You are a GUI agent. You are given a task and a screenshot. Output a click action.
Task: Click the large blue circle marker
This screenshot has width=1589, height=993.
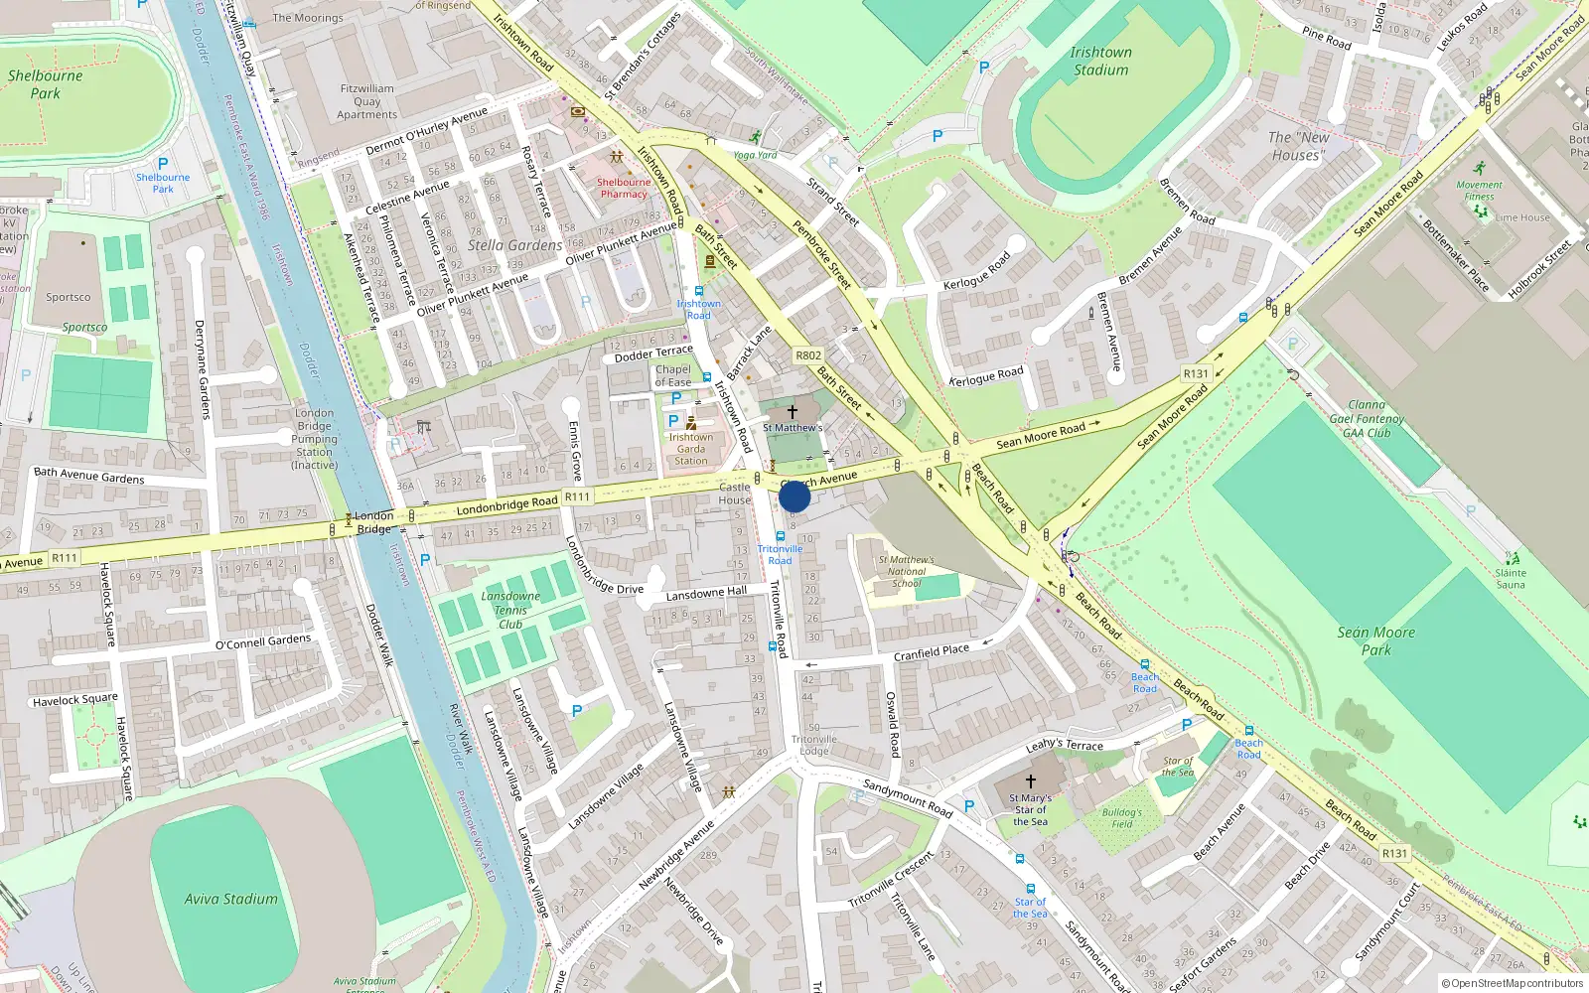pos(794,496)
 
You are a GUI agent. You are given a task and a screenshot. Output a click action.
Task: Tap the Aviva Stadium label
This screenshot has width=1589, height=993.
pos(230,899)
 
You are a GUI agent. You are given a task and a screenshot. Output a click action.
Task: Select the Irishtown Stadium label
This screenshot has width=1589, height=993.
pos(1100,61)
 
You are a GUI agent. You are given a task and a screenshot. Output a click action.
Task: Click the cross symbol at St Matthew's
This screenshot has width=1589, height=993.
pos(792,411)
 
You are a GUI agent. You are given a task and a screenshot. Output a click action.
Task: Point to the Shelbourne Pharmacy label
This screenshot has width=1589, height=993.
pos(624,188)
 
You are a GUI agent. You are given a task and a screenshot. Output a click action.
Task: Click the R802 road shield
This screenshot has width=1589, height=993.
pos(808,355)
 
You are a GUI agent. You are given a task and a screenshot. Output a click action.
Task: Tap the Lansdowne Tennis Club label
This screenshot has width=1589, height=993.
pos(510,610)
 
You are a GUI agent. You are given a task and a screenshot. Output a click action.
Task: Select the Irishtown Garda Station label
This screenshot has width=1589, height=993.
pos(691,449)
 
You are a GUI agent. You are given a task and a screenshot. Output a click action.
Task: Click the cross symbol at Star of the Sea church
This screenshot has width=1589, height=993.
pos(1030,781)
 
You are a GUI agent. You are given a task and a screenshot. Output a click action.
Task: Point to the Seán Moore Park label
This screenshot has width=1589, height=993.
pos(1375,640)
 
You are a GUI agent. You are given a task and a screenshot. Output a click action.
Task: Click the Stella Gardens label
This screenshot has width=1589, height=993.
pos(514,245)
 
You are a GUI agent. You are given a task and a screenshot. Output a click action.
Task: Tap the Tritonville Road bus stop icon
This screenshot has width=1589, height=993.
pos(781,536)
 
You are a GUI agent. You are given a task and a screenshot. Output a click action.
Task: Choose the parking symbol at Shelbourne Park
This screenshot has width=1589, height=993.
pos(163,164)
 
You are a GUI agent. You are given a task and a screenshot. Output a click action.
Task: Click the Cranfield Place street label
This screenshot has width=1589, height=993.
pos(931,652)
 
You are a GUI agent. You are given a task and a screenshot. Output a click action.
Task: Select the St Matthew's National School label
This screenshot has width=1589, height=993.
pos(906,571)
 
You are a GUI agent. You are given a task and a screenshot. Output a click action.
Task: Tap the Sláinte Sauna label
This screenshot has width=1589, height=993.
pos(1511,579)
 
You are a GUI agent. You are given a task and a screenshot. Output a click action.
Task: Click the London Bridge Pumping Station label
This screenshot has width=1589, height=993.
pos(315,438)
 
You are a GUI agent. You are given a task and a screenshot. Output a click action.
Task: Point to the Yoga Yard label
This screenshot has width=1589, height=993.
pos(755,155)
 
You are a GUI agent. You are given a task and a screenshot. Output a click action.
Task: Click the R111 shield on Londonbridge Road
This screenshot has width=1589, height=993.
pos(577,496)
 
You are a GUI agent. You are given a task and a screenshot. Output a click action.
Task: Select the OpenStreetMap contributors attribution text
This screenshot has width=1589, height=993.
pos(1512,983)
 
